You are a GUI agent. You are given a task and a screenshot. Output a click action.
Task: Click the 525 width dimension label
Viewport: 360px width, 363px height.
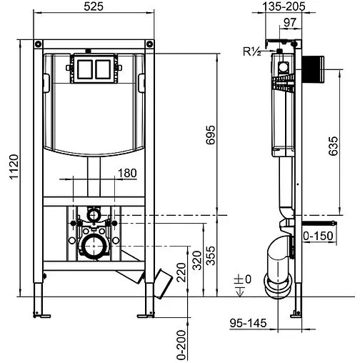[94, 6]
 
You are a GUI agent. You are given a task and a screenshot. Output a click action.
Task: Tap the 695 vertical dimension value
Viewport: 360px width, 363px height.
[211, 135]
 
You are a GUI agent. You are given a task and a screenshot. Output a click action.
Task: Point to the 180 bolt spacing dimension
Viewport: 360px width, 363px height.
[127, 173]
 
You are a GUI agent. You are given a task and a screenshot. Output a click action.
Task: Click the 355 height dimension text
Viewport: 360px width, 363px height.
[211, 256]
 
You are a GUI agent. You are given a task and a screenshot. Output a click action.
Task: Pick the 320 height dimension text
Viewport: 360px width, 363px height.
[197, 260]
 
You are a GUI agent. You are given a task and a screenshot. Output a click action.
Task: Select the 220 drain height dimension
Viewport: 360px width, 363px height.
[181, 272]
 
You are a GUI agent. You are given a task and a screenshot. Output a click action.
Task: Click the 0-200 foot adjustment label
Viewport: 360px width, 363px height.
[181, 345]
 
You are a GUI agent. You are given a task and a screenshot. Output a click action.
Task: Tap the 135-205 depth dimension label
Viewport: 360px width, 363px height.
[284, 6]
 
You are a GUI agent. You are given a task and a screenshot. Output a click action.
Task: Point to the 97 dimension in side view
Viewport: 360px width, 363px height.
[290, 23]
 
